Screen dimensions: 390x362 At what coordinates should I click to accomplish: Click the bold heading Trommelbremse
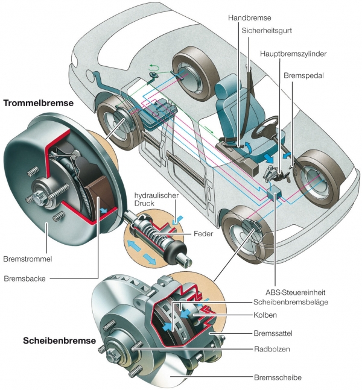(x=39, y=103)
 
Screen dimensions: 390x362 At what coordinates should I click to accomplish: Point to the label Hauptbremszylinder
(x=293, y=54)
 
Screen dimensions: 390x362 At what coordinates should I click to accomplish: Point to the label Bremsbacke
(x=24, y=278)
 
